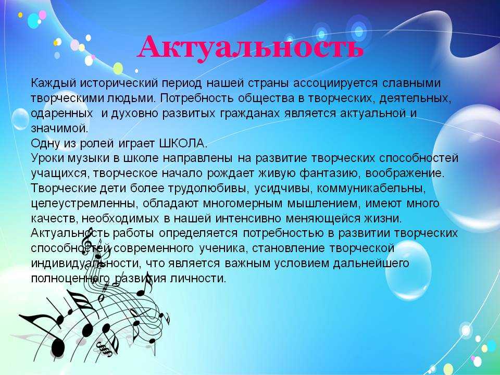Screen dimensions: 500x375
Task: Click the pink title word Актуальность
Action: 251,48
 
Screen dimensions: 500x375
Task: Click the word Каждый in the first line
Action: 54,83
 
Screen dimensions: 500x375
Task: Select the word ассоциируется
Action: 335,83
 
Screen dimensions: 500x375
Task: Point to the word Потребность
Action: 197,98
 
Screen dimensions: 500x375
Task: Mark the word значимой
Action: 59,129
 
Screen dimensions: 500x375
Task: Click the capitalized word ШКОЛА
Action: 183,144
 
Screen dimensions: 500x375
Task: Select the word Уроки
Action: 47,158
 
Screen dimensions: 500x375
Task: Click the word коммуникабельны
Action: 371,189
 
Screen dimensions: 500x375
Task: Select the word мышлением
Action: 323,204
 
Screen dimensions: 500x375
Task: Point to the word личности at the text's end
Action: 198,278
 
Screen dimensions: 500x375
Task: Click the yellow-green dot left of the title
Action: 118,68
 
